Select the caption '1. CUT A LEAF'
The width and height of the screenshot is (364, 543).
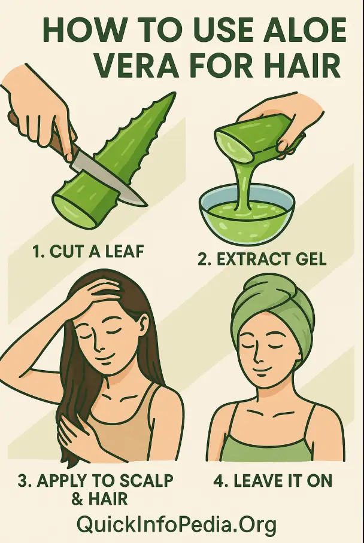pyautogui.click(x=88, y=251)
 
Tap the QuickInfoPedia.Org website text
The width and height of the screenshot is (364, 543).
pyautogui.click(x=177, y=524)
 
